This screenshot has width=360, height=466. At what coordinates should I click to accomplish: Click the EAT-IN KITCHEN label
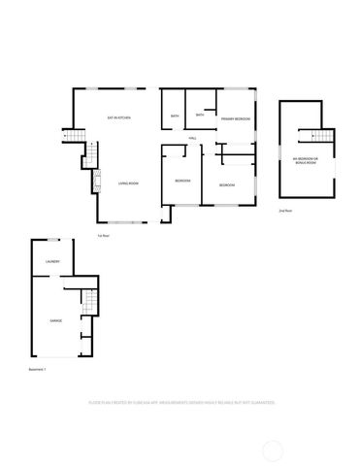(119, 118)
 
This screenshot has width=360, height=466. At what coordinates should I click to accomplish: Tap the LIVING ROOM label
(126, 183)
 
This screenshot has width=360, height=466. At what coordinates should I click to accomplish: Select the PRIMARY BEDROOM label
(235, 118)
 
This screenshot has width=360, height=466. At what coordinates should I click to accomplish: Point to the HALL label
(194, 138)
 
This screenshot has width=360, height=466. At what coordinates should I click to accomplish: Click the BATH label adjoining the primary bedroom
(199, 116)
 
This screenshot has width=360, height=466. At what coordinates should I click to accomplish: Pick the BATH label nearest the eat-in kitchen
(175, 117)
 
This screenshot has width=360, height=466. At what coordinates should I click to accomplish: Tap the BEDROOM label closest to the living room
(181, 182)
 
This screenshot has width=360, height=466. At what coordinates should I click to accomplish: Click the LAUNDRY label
(52, 262)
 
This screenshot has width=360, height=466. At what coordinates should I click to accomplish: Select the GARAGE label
(58, 319)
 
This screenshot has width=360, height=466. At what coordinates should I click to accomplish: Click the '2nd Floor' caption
(284, 210)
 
